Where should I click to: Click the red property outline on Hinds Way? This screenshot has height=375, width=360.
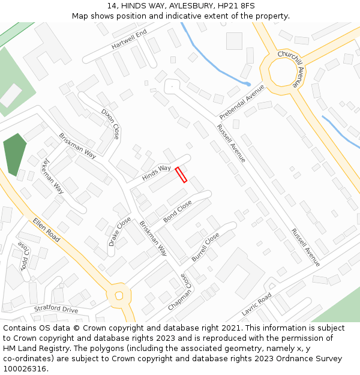click(181, 175)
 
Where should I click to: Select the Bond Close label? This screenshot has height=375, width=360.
click(178, 211)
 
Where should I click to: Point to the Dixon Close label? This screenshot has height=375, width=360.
click(110, 124)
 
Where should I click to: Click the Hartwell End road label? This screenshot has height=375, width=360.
click(129, 40)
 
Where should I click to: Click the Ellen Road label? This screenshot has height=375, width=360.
click(47, 229)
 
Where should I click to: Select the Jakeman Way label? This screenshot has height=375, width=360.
click(53, 176)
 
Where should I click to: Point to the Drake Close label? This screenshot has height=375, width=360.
click(119, 232)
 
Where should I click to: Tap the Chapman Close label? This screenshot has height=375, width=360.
click(181, 292)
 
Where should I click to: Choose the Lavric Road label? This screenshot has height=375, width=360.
click(257, 305)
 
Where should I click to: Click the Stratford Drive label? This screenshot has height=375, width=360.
click(56, 310)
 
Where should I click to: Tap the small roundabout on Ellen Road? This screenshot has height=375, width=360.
click(119, 295)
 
